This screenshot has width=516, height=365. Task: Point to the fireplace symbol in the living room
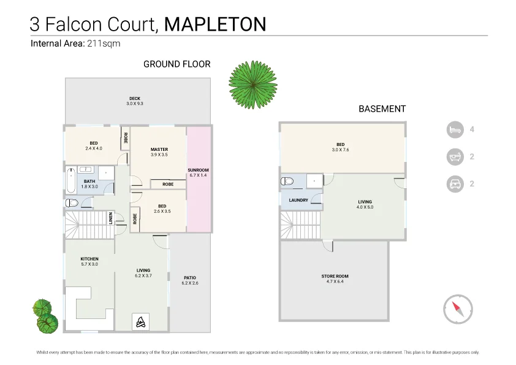[x=140, y=321]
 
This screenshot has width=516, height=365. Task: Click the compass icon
[x=458, y=309]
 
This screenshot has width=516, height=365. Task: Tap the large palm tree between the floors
[x=252, y=85]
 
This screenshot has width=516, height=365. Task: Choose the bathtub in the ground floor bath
[x=71, y=181]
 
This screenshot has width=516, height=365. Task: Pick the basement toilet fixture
[x=287, y=181]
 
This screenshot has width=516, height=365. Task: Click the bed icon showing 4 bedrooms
[x=454, y=129]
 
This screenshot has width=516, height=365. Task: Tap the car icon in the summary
[x=454, y=183]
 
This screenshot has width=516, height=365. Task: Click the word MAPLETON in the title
[x=216, y=24]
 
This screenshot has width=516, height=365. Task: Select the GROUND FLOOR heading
[x=176, y=64]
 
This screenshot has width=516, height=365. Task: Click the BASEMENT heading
[x=382, y=109]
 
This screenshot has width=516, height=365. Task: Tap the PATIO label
[x=189, y=280]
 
